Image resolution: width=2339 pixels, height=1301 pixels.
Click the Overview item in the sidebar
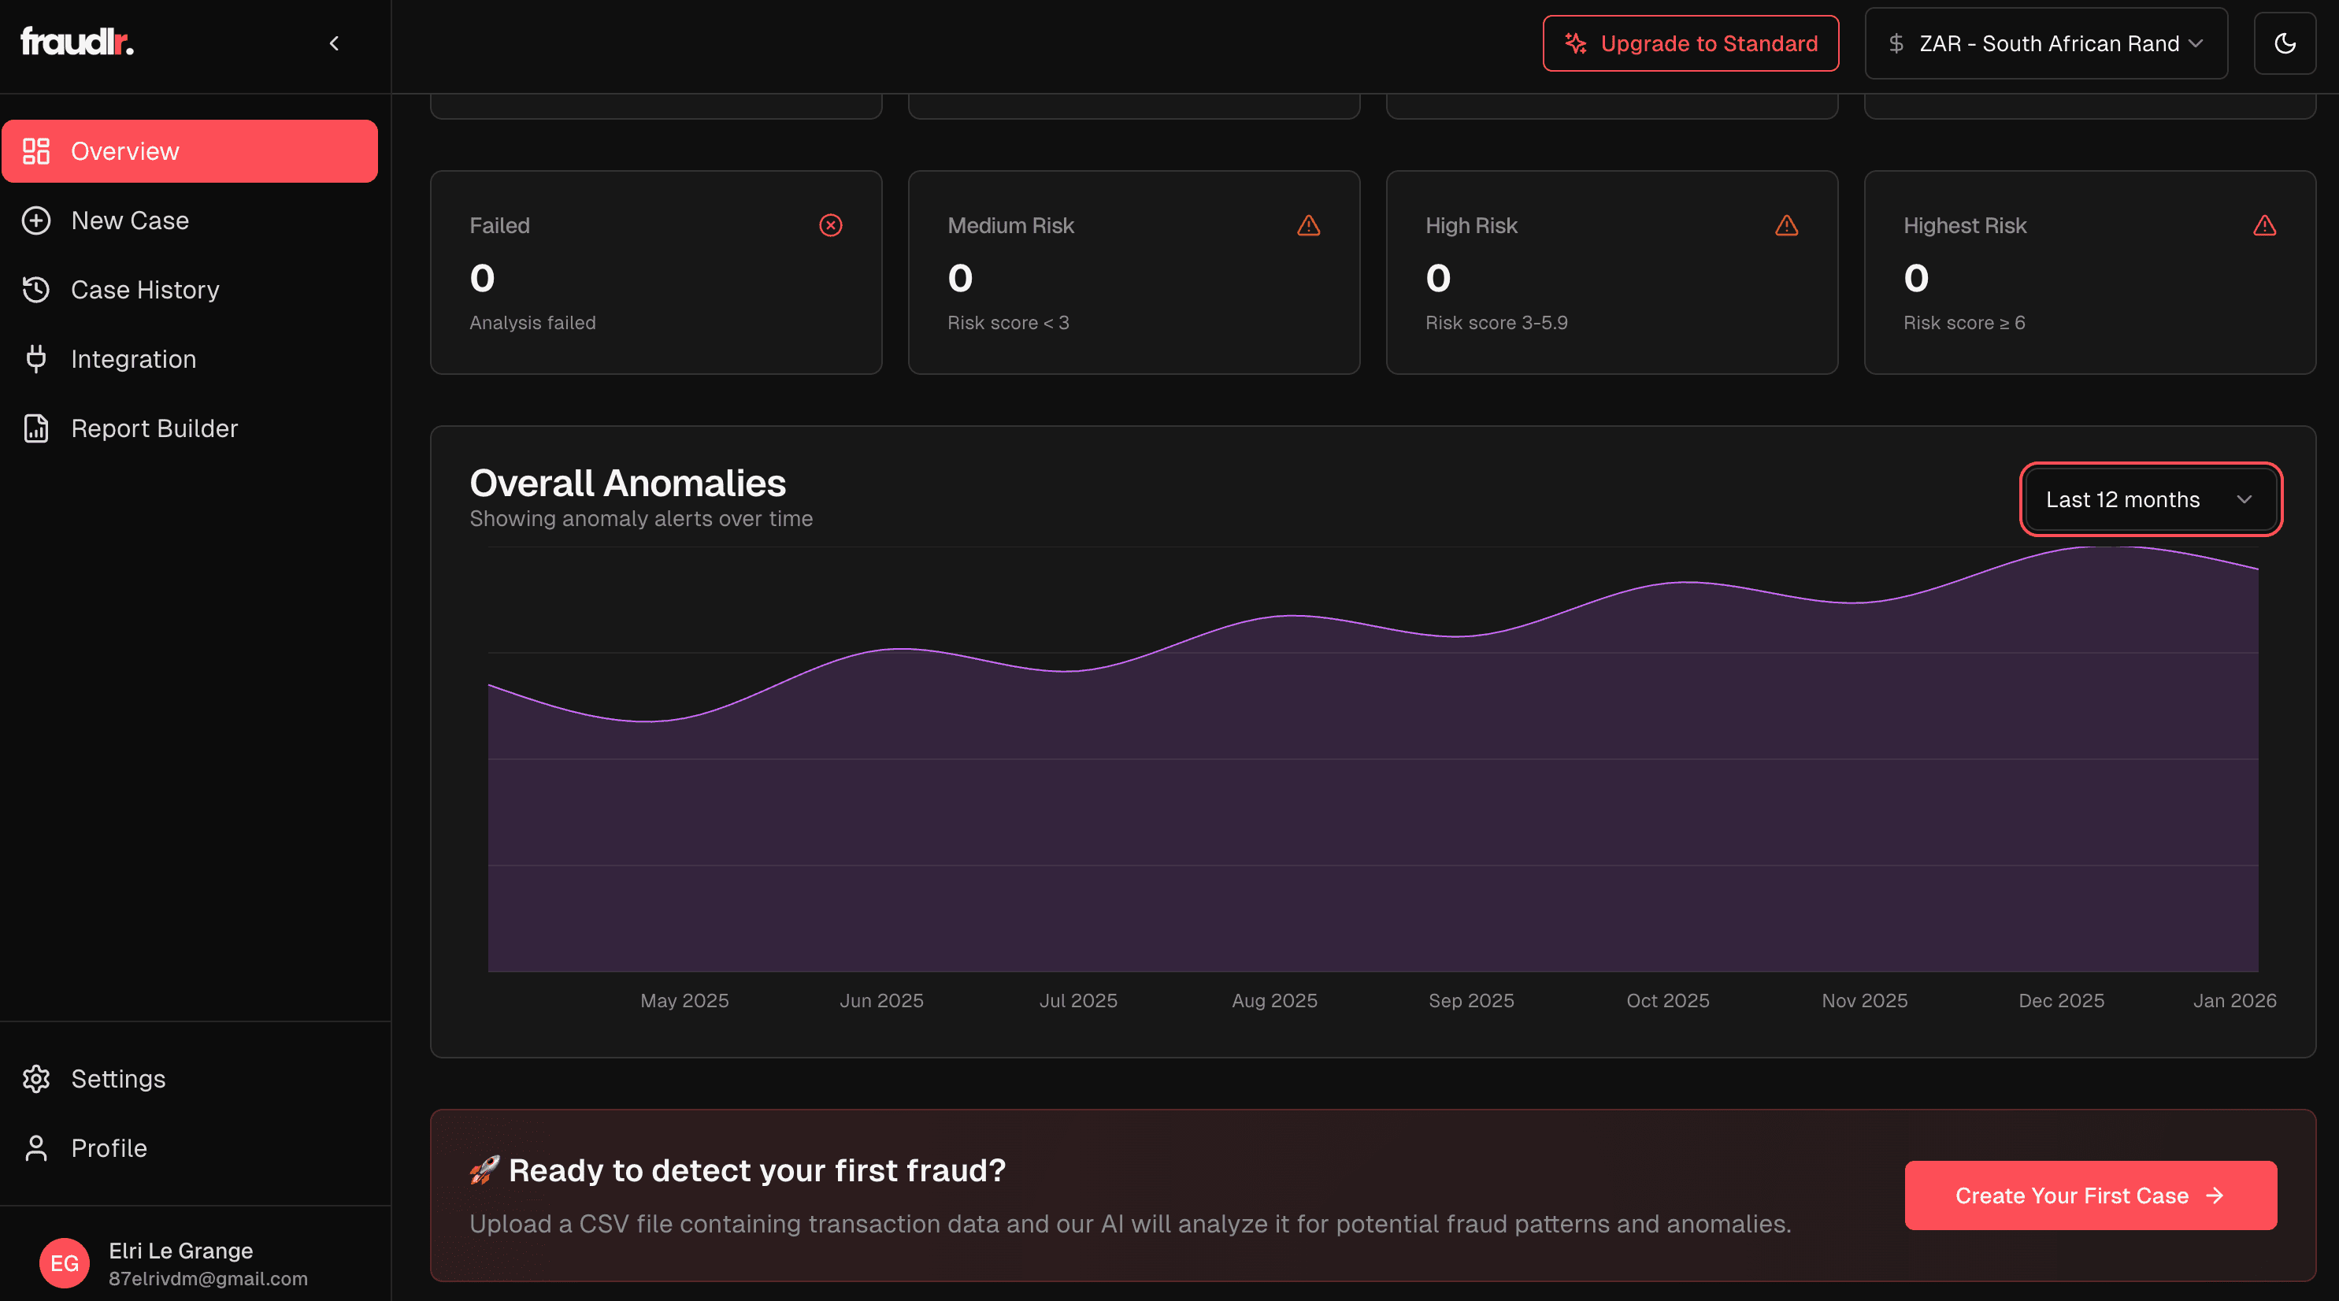point(189,150)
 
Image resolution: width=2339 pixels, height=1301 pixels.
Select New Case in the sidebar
point(130,221)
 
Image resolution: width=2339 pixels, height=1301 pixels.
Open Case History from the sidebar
point(144,290)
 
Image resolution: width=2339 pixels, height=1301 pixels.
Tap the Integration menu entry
point(132,360)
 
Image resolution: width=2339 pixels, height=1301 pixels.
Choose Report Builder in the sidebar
point(154,428)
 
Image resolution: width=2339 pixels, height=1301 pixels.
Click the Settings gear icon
point(36,1079)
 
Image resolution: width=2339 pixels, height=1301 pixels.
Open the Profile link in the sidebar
point(108,1148)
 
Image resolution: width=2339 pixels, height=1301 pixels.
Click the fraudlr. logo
point(77,42)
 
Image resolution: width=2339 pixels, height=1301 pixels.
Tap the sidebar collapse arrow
point(334,43)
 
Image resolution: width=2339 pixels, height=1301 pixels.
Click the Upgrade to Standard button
point(1690,43)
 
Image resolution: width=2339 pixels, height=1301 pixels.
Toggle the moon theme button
point(2285,43)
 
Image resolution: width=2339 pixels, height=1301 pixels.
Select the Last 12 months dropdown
point(2149,499)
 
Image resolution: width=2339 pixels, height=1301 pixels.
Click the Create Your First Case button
point(2089,1195)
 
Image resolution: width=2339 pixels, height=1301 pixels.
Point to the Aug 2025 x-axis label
point(1274,1000)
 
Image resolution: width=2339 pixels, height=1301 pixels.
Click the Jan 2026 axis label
point(2233,1000)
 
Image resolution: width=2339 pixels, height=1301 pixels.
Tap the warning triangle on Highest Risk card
point(2263,225)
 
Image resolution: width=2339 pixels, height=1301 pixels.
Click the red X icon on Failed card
point(830,225)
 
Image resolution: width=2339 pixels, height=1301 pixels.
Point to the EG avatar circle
point(65,1263)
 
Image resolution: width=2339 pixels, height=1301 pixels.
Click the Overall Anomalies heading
point(628,483)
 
